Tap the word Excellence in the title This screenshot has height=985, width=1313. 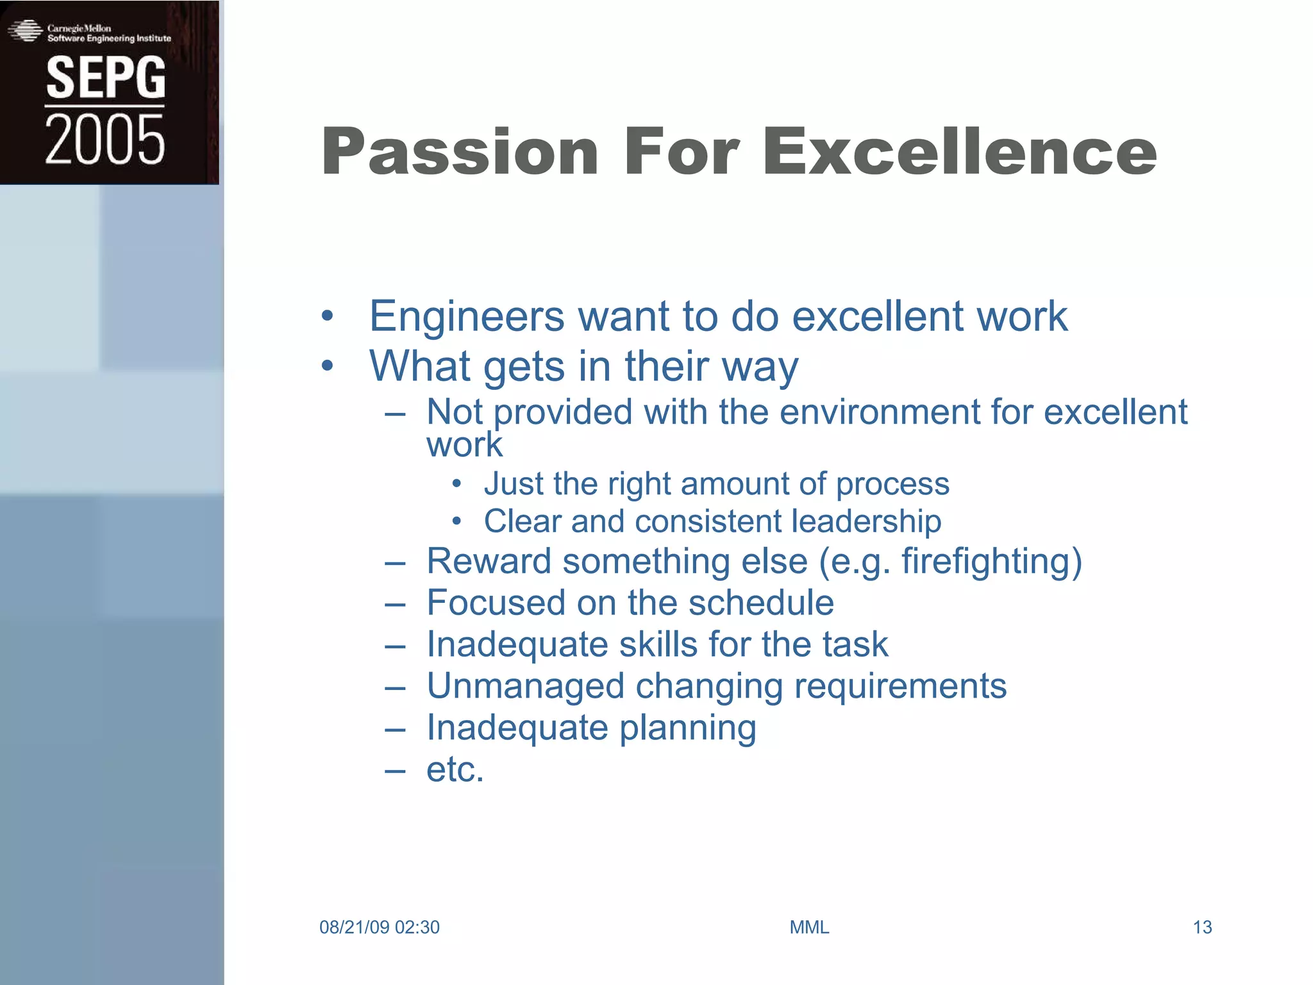[960, 152]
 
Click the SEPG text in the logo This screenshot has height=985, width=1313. [105, 78]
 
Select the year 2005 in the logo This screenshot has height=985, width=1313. [105, 139]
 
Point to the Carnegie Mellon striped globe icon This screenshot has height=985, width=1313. [25, 31]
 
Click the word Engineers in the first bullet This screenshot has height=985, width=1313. [467, 316]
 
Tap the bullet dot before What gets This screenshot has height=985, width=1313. [328, 366]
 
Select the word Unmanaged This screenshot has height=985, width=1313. [525, 686]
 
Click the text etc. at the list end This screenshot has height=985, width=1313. [455, 770]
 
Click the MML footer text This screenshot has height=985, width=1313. [809, 927]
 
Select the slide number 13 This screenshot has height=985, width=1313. [1202, 927]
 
